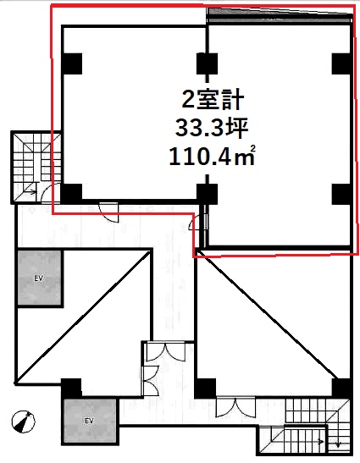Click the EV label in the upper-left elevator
pyautogui.click(x=38, y=278)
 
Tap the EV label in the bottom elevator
pyautogui.click(x=89, y=421)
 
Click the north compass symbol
pyautogui.click(x=24, y=422)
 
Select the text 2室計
pyautogui.click(x=213, y=100)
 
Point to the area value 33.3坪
pyautogui.click(x=212, y=129)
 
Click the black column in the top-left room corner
pyautogui.click(x=72, y=63)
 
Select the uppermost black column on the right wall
pyautogui.click(x=342, y=63)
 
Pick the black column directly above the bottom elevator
pyautogui.click(x=71, y=388)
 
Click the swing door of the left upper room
pyautogui.click(x=109, y=212)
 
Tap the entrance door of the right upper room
pyautogui.click(x=198, y=223)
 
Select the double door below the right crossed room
pyautogui.click(x=235, y=407)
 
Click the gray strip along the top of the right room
pyautogui.click(x=280, y=15)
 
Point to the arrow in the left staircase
pyautogui.click(x=31, y=192)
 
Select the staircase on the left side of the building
pyautogui.click(x=36, y=167)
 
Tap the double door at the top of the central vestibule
pyautogui.click(x=166, y=351)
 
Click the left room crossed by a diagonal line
pyautogui.click(x=84, y=316)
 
